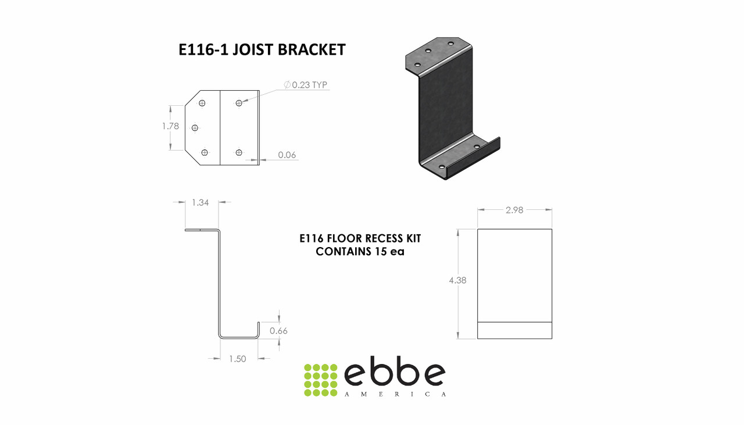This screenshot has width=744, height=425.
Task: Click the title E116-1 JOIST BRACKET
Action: (x=262, y=50)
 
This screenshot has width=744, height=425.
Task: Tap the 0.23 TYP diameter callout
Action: (x=306, y=85)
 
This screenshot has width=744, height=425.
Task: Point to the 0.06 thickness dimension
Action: (x=287, y=155)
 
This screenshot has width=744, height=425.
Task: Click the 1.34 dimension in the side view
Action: (x=201, y=203)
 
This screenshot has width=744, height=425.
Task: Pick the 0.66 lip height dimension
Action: (x=279, y=331)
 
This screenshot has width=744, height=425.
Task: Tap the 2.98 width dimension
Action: (x=514, y=210)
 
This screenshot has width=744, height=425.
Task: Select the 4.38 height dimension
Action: (x=457, y=280)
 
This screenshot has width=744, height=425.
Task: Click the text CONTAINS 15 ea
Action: (x=360, y=252)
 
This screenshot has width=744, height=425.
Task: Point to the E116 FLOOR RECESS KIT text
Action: (x=360, y=238)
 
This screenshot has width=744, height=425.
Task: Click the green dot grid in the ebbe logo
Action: (x=321, y=380)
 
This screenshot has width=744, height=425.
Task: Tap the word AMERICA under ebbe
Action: (x=395, y=394)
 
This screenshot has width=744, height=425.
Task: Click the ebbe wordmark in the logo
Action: (x=395, y=375)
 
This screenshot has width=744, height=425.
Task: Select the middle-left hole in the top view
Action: (x=195, y=128)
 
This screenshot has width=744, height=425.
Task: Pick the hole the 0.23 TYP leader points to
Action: (x=239, y=103)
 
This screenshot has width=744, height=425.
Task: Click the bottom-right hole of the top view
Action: (x=239, y=152)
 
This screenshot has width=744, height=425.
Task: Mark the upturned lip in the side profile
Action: (x=258, y=327)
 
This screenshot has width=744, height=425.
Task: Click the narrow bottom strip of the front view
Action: (x=514, y=330)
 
